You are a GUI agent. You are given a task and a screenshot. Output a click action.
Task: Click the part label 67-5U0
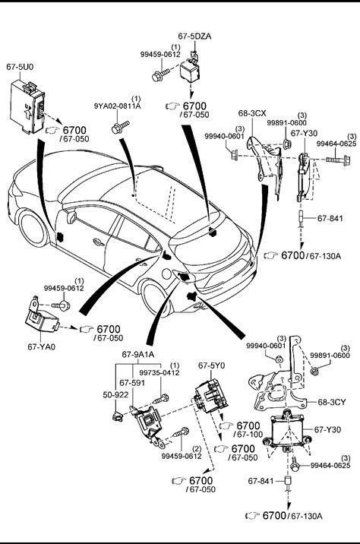click(x=20, y=67)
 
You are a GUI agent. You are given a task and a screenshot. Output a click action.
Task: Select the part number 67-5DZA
click(x=194, y=36)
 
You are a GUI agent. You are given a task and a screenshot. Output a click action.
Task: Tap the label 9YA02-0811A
click(x=117, y=106)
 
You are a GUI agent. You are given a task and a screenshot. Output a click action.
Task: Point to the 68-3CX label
click(x=252, y=113)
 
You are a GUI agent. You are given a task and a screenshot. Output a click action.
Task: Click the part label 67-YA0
click(x=41, y=346)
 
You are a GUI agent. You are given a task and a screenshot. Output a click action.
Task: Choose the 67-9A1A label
click(x=138, y=355)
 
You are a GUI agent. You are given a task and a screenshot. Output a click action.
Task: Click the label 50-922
click(x=115, y=395)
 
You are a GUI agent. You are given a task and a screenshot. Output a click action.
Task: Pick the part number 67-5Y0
click(x=212, y=365)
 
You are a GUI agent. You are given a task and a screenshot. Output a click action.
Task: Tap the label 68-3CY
click(x=332, y=403)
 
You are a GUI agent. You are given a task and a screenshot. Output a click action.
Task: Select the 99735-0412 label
click(x=159, y=373)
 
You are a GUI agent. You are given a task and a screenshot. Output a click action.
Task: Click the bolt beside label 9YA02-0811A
click(x=120, y=127)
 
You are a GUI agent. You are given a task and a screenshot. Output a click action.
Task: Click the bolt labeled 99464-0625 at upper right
click(x=337, y=160)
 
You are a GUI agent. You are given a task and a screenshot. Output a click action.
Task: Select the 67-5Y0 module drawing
click(x=212, y=396)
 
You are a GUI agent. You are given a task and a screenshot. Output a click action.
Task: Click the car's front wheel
click(x=33, y=228)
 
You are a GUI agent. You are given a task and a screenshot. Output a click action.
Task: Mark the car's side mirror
click(x=71, y=217)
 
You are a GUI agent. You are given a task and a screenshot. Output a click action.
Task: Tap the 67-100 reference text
click(x=248, y=435)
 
